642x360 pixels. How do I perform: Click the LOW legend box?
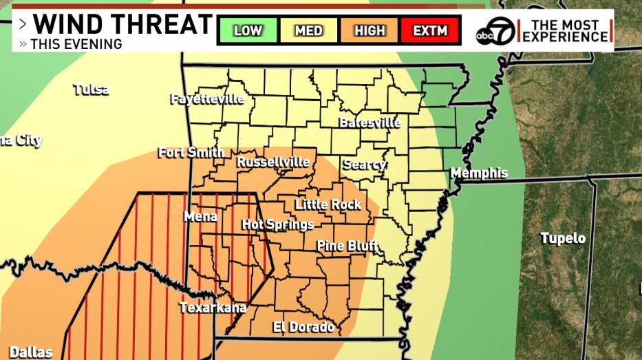pos(248,30)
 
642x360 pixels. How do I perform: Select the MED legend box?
pos(308,30)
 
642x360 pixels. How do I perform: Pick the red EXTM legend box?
pos(429,30)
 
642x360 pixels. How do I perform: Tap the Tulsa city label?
pos(92,89)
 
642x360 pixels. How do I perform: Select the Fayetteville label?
pos(207,99)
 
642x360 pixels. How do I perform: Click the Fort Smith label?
pos(191,152)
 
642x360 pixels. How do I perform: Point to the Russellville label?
pos(273,162)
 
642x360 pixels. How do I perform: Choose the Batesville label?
pos(370,123)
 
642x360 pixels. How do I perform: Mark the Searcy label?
pos(364,165)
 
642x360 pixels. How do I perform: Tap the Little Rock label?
pos(328,204)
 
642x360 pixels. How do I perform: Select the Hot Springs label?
pos(278,224)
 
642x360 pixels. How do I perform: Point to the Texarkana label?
pos(213,308)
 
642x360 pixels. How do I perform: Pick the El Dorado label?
pos(303,326)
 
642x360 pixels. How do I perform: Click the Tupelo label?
pos(562,238)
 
